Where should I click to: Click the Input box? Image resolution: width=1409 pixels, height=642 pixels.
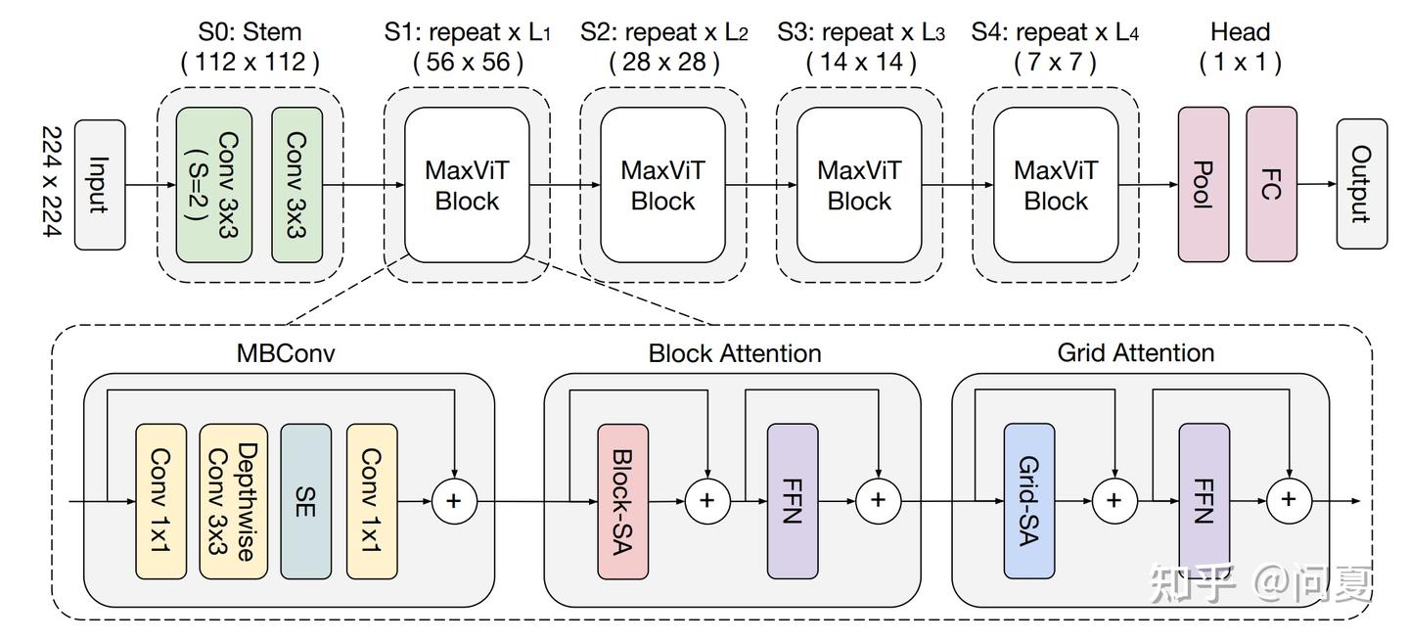tap(100, 183)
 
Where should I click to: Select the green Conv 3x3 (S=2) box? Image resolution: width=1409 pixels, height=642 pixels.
tap(214, 184)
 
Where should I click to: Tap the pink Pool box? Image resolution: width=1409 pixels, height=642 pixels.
tap(1203, 184)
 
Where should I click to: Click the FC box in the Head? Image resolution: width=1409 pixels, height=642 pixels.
tap(1271, 184)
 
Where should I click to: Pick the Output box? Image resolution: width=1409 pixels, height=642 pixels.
tap(1362, 184)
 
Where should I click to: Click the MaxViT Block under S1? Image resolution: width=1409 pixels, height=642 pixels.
tap(467, 185)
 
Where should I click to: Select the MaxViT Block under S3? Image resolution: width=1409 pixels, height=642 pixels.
tap(859, 185)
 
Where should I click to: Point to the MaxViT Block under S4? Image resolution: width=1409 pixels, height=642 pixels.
tap(1056, 185)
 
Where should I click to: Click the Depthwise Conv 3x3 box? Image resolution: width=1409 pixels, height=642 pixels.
tap(233, 501)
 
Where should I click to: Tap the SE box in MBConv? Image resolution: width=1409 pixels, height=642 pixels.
tap(306, 501)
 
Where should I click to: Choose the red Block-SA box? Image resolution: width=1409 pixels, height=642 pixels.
tap(622, 501)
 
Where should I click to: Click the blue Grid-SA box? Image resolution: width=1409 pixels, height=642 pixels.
tap(1028, 501)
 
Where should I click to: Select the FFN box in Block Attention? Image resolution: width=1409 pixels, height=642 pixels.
tap(792, 501)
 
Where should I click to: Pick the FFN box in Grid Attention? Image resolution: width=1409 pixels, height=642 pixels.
tap(1204, 501)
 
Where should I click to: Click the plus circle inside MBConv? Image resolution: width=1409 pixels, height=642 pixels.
tap(453, 501)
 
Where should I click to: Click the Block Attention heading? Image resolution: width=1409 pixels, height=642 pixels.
tap(735, 352)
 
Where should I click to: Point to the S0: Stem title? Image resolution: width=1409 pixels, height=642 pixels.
tap(250, 31)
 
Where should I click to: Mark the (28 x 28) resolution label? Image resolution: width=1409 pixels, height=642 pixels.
tap(663, 63)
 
